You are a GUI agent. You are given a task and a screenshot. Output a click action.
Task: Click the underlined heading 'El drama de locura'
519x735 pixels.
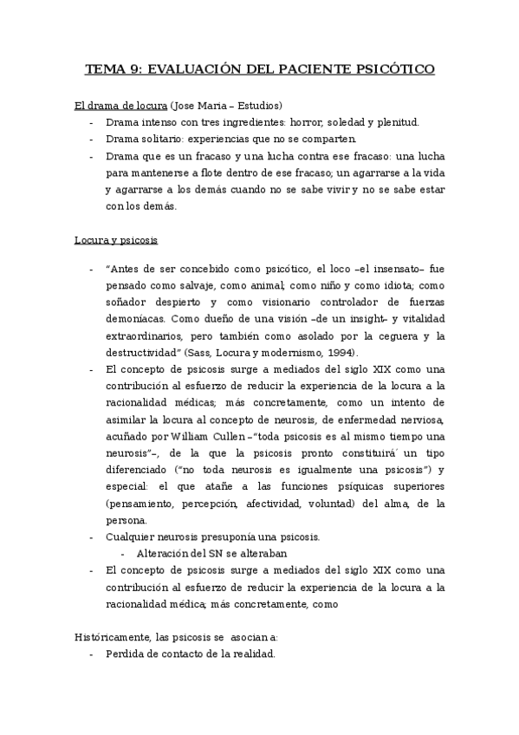point(120,107)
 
